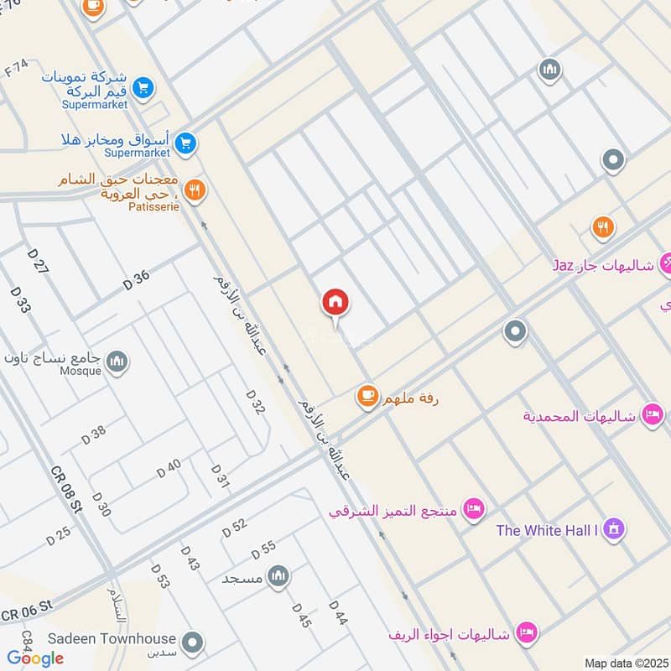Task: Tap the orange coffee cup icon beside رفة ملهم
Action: click(x=367, y=396)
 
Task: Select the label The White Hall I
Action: click(x=549, y=530)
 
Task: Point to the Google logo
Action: click(x=35, y=658)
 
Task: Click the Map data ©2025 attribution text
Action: click(x=626, y=663)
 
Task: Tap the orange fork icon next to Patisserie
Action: click(x=195, y=190)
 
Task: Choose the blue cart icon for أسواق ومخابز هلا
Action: click(x=187, y=143)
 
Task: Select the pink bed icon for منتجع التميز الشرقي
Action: click(x=474, y=509)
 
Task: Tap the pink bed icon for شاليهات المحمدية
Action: click(x=653, y=414)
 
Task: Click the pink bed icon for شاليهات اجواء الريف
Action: click(x=526, y=632)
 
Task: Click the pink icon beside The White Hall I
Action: click(x=614, y=529)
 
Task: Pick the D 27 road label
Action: click(x=39, y=262)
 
